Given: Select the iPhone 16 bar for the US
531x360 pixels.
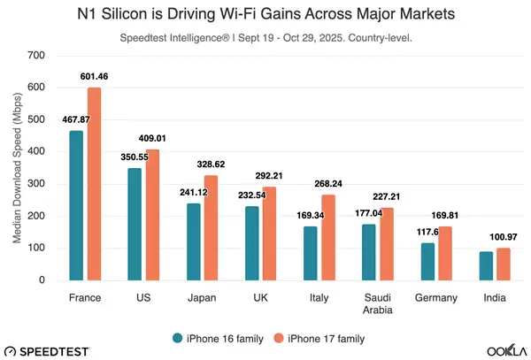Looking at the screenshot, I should [135, 224].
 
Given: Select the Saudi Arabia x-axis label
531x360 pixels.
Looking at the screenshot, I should [377, 304].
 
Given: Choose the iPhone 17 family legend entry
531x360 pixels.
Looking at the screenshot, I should [322, 337].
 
